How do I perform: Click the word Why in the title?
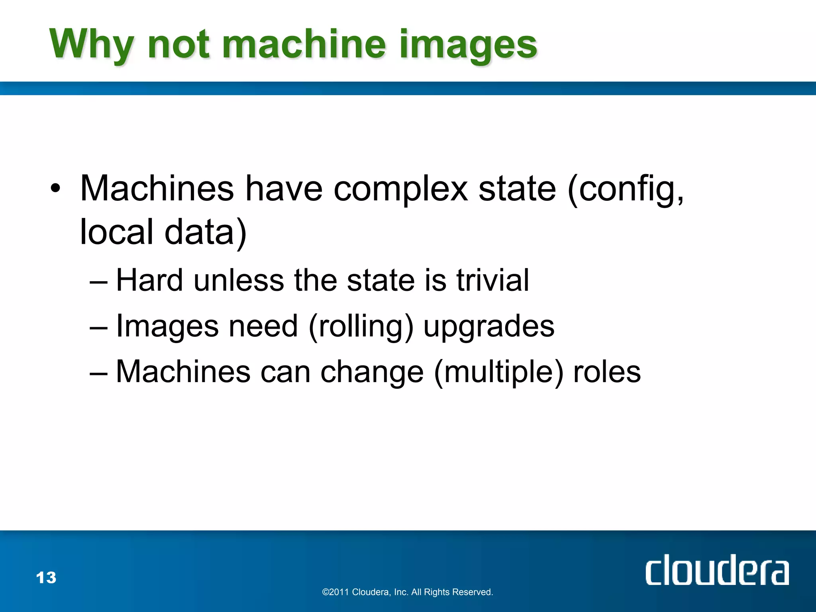[91, 45]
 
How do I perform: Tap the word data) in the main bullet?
[206, 233]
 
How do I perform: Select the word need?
[263, 326]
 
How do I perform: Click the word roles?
[606, 372]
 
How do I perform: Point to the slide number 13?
[46, 578]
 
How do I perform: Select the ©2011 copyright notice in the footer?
[408, 592]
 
